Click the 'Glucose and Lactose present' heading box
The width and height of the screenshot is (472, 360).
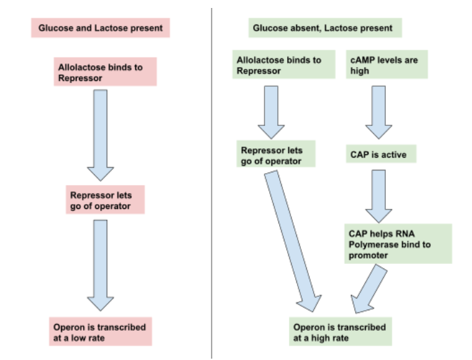coord(101,29)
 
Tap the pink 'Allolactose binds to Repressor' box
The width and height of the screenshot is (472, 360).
coord(106,72)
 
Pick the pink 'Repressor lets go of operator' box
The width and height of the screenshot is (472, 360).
coord(106,200)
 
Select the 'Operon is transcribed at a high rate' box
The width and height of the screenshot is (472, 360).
coord(341,331)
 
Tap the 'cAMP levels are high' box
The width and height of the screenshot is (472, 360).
coord(387,65)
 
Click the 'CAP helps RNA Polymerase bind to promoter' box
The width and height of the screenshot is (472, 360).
coord(398,243)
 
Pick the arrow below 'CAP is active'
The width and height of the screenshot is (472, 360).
coord(379,196)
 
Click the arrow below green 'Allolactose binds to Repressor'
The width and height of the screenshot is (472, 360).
coord(270,109)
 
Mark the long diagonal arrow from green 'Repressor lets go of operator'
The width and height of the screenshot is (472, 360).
coord(292,239)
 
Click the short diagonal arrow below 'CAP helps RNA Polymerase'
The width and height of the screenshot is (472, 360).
coord(367,288)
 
